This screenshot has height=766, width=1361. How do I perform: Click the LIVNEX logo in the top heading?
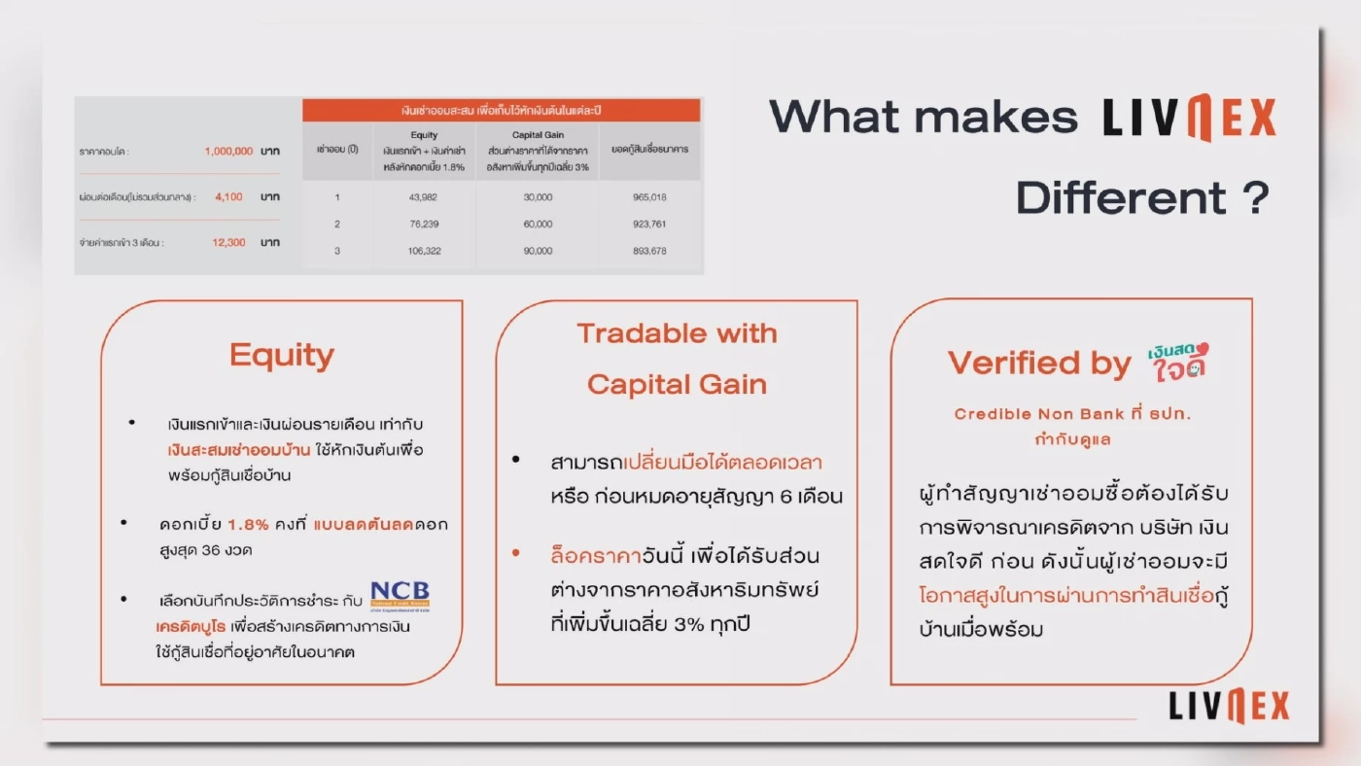pos(1188,119)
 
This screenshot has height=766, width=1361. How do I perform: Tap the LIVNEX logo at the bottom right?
pos(1229,707)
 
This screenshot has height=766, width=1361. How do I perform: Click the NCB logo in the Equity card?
pos(400,595)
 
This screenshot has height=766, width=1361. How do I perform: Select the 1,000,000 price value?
pos(228,152)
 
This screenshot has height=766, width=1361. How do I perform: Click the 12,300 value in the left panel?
pos(228,242)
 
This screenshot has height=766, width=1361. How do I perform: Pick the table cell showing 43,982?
pos(425,197)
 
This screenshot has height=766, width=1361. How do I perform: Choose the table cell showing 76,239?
pos(425,224)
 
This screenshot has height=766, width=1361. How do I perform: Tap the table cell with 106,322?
pos(425,251)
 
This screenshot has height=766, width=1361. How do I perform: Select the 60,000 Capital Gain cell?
pos(537,224)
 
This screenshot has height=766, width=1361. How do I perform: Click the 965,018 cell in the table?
pos(648,197)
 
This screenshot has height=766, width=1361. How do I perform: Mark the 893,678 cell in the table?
pos(648,251)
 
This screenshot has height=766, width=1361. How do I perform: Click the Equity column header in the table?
pos(425,135)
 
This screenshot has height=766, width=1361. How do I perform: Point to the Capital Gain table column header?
pos(537,135)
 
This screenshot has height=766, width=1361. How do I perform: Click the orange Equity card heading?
pos(282,356)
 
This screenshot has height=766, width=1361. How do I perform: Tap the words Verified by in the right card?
pos(1039,364)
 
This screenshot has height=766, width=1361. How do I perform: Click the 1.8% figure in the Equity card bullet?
pos(248,524)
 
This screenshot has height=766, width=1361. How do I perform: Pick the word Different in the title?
pos(1120,199)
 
